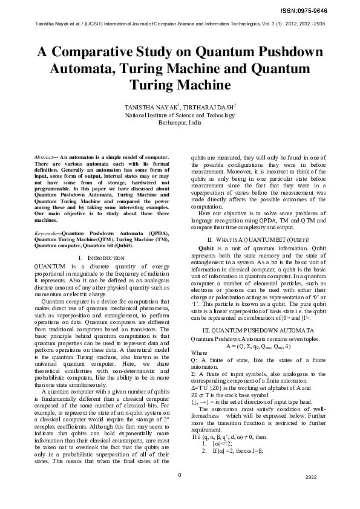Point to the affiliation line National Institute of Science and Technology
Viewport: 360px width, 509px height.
coord(180,114)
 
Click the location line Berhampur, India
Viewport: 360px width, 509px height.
coord(180,122)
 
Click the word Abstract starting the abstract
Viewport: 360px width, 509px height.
coord(45,157)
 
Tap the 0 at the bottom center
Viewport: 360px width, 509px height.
coord(180,491)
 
